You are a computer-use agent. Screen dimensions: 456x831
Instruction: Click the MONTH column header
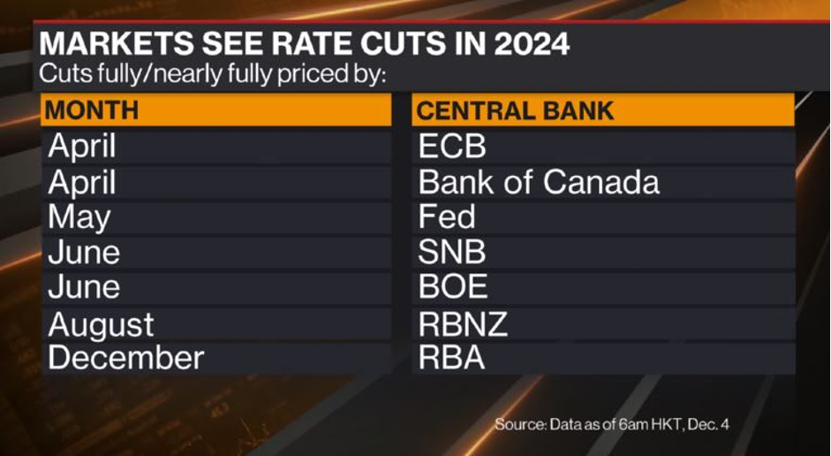92,110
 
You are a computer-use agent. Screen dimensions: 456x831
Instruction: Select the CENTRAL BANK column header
515,110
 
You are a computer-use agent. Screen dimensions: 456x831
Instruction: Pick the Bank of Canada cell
539,182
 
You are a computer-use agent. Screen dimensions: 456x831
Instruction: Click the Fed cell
447,217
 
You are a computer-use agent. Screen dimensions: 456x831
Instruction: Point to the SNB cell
452,253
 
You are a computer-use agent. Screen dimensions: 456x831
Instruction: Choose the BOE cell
453,287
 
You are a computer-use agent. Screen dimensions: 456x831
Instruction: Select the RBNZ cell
463,323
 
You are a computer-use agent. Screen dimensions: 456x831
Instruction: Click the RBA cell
451,358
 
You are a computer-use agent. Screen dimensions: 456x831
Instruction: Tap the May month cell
79,217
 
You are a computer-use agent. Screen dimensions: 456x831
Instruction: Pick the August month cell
101,324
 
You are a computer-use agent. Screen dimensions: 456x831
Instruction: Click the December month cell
125,358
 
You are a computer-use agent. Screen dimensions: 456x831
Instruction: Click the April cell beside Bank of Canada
82,182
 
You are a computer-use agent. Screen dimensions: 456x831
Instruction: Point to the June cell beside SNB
84,253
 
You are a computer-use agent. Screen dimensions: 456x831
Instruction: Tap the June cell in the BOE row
84,287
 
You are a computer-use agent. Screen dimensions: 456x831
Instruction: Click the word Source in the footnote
522,425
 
